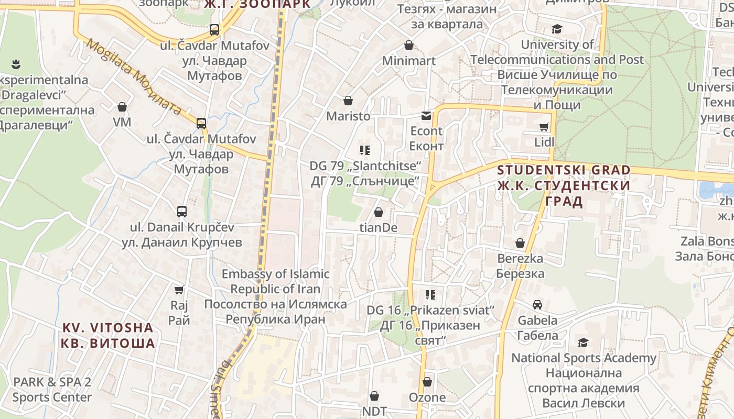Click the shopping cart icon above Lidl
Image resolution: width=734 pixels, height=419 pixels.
(544, 127)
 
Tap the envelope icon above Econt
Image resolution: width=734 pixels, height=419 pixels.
(426, 116)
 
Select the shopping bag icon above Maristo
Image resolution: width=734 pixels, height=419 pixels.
(348, 101)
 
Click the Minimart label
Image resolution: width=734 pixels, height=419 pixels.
(408, 61)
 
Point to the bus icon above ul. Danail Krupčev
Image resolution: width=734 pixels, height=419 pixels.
(182, 212)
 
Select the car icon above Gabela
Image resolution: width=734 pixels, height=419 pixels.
(537, 305)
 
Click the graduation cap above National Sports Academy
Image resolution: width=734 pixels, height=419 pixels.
(583, 343)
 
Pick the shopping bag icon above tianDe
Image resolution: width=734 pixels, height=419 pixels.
(378, 213)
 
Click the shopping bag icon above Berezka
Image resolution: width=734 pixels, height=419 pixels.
(520, 244)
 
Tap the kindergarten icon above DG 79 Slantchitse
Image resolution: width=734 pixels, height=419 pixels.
(365, 151)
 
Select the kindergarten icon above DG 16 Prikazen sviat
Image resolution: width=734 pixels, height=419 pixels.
(430, 295)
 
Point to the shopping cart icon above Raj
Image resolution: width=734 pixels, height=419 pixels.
(179, 290)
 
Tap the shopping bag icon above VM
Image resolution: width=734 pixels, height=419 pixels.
(122, 107)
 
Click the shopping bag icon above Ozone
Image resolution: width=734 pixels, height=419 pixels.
(427, 382)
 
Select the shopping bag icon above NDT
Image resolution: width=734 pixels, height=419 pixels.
(374, 396)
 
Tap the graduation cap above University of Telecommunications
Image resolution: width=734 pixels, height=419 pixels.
(556, 29)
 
